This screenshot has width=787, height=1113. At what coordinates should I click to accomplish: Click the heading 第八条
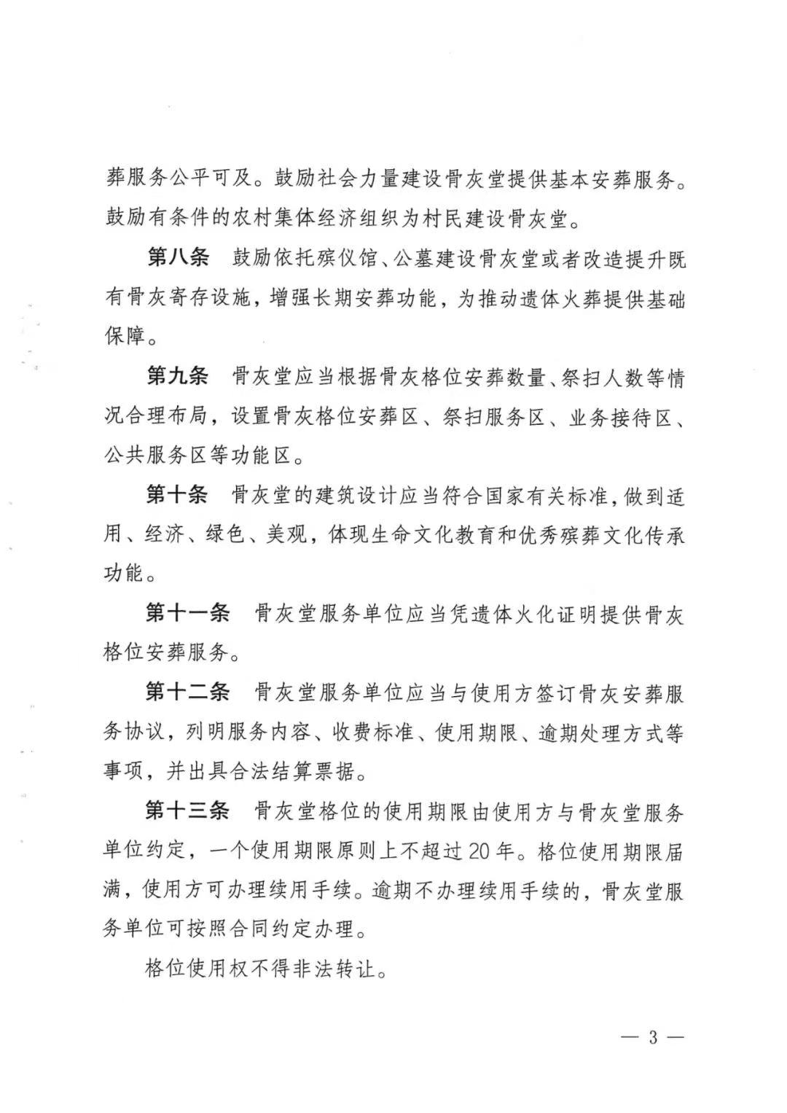178,258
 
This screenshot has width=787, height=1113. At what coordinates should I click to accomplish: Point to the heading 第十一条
188,614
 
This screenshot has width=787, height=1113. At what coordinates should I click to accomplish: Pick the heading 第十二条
188,692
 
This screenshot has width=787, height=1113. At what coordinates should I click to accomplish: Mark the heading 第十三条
188,811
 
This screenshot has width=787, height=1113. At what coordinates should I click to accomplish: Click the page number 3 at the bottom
653,1037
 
